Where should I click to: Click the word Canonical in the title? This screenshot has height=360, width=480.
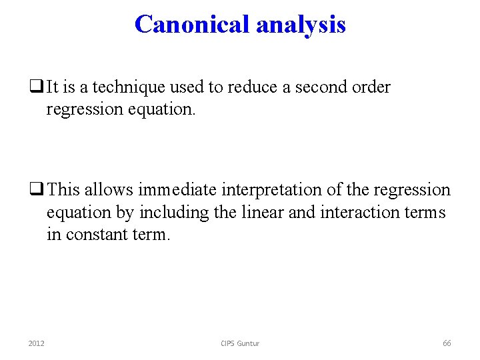tap(192, 24)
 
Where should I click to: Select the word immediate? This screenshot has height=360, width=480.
tap(177, 190)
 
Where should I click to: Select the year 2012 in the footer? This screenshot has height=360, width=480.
tap(36, 343)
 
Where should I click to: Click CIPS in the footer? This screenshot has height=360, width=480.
tap(229, 343)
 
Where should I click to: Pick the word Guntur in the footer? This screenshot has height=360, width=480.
tap(249, 343)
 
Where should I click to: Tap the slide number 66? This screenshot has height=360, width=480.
tap(447, 343)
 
